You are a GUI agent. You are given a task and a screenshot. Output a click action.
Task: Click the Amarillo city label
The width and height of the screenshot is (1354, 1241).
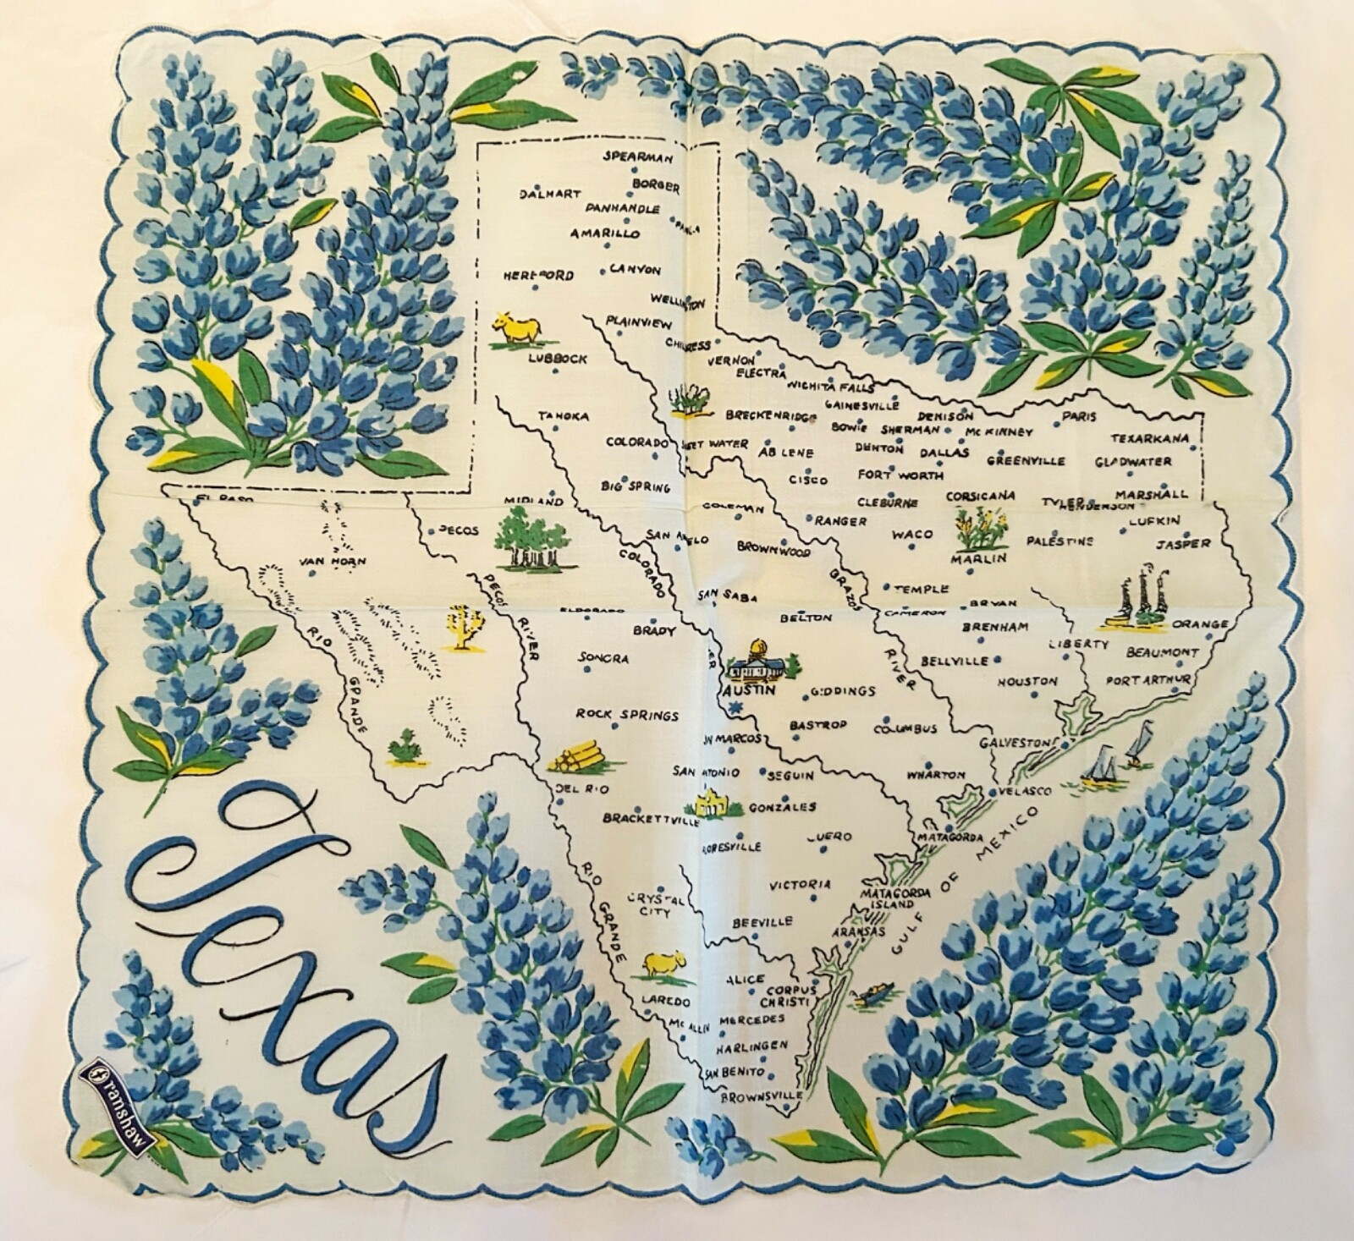pyautogui.click(x=604, y=234)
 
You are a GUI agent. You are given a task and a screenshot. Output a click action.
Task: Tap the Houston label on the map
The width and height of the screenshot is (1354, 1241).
pyautogui.click(x=1027, y=681)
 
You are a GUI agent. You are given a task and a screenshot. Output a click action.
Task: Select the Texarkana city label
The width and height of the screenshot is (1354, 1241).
pyautogui.click(x=1150, y=438)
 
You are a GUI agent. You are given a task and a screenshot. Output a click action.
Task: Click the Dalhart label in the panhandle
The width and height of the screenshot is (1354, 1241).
pyautogui.click(x=550, y=193)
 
